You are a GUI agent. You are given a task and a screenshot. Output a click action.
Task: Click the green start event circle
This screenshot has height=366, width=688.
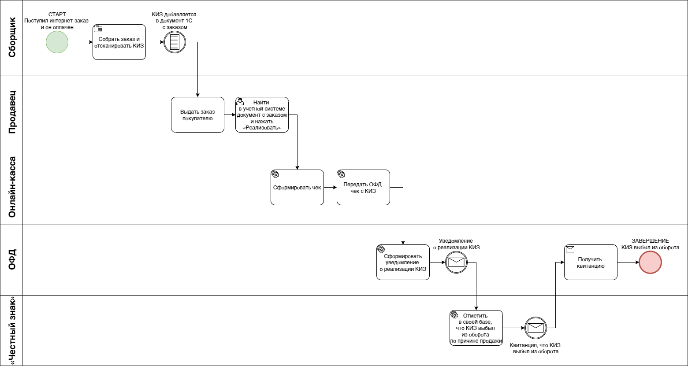[x=57, y=42]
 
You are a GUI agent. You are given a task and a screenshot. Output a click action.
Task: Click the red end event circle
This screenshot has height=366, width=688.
[x=650, y=262]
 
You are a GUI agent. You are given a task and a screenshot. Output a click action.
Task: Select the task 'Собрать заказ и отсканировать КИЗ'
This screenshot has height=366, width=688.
[x=119, y=42]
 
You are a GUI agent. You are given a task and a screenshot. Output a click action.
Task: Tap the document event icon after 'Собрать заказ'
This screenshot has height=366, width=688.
[x=175, y=42]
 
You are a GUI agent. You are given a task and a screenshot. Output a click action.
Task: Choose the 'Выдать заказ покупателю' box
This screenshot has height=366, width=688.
[x=197, y=115]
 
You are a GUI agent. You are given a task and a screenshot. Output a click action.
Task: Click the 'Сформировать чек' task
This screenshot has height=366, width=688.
[x=297, y=187]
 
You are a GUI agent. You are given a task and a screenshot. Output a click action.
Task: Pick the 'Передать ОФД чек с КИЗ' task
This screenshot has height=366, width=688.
[x=363, y=187]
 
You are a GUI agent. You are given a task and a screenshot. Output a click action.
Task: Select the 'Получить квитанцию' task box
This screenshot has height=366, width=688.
[x=591, y=262]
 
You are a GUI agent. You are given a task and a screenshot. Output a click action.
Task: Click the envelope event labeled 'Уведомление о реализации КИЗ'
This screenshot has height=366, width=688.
[x=457, y=262]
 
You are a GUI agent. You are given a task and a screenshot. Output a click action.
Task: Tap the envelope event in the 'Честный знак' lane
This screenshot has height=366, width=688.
[x=536, y=328]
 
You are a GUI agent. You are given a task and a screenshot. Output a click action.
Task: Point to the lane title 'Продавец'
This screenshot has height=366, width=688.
[x=11, y=112]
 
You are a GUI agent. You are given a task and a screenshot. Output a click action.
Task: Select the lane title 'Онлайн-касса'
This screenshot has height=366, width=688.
[x=11, y=187]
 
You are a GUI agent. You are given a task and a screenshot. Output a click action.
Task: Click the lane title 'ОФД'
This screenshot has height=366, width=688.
[x=11, y=260]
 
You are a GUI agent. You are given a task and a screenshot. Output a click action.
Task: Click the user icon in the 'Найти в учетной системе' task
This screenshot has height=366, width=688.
[x=240, y=102]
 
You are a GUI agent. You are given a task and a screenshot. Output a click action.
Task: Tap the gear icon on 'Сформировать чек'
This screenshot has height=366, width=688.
[x=275, y=174]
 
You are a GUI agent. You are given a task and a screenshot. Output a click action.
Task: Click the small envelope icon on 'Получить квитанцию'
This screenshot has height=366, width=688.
[x=570, y=249]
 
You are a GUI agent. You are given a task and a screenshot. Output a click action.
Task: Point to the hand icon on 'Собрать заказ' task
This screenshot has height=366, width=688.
[x=98, y=29]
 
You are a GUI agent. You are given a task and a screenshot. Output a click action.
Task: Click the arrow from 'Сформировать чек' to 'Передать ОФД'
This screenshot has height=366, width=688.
[x=330, y=187]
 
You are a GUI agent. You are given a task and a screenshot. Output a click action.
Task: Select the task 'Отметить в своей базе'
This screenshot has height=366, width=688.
[x=476, y=328]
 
